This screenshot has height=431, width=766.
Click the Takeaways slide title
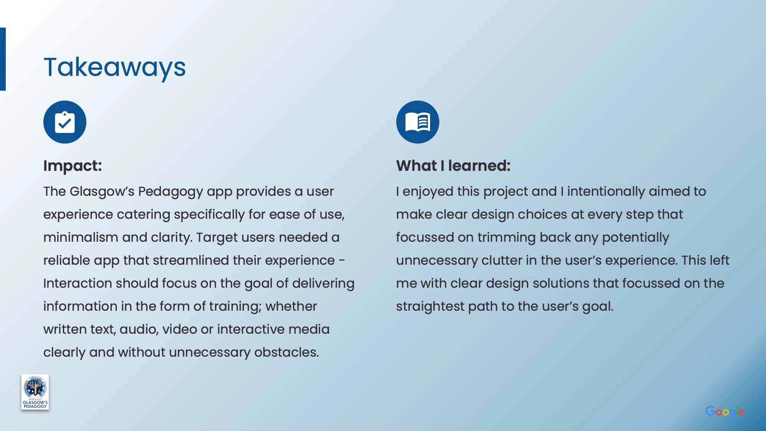click(115, 68)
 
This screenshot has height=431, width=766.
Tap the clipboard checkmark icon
click(65, 122)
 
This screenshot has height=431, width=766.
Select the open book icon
click(417, 122)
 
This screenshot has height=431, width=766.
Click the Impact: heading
click(73, 166)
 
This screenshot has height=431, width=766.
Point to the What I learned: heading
click(453, 166)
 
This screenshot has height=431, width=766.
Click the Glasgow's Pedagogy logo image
click(35, 392)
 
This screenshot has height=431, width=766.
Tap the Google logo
click(725, 412)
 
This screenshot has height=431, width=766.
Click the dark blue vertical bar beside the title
click(3, 59)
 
